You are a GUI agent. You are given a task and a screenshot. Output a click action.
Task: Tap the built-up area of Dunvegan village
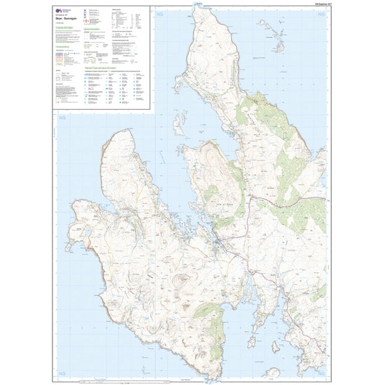pyautogui.click(x=223, y=244)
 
